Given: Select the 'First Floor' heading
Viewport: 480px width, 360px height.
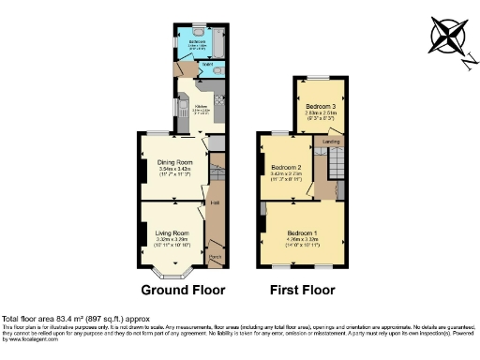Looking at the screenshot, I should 302,290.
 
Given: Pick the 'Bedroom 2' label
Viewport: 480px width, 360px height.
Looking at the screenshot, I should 285,167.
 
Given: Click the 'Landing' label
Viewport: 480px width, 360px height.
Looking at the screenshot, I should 331,142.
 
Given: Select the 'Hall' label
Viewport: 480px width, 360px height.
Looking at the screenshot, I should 215,202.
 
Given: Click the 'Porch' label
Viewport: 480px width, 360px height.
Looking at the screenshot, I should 215,256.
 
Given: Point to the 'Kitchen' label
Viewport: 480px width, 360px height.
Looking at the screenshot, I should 200,106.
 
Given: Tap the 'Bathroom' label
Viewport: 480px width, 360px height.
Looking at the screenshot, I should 198,42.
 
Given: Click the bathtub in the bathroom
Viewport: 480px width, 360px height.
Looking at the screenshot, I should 217,42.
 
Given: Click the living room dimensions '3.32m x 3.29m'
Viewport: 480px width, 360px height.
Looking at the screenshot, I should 172,239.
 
